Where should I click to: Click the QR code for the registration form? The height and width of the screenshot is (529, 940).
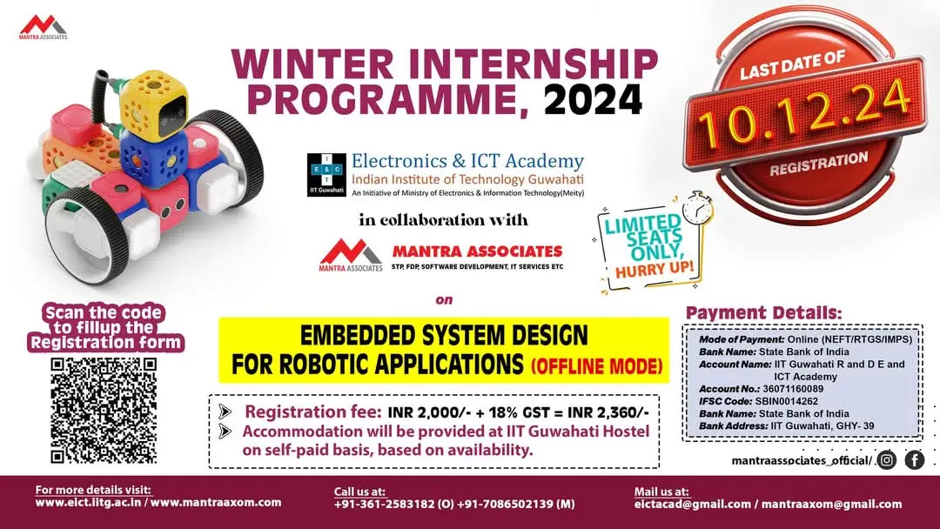[x=104, y=409]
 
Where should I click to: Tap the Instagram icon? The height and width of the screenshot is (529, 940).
[x=887, y=460]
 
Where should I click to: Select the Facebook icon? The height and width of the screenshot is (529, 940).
[x=914, y=460]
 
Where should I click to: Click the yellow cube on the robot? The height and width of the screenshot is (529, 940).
[x=144, y=104]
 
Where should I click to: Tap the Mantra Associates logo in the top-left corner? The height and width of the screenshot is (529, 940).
[x=43, y=25]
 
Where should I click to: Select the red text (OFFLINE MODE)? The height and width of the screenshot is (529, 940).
[x=598, y=364]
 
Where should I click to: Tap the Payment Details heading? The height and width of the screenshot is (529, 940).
[x=763, y=312]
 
